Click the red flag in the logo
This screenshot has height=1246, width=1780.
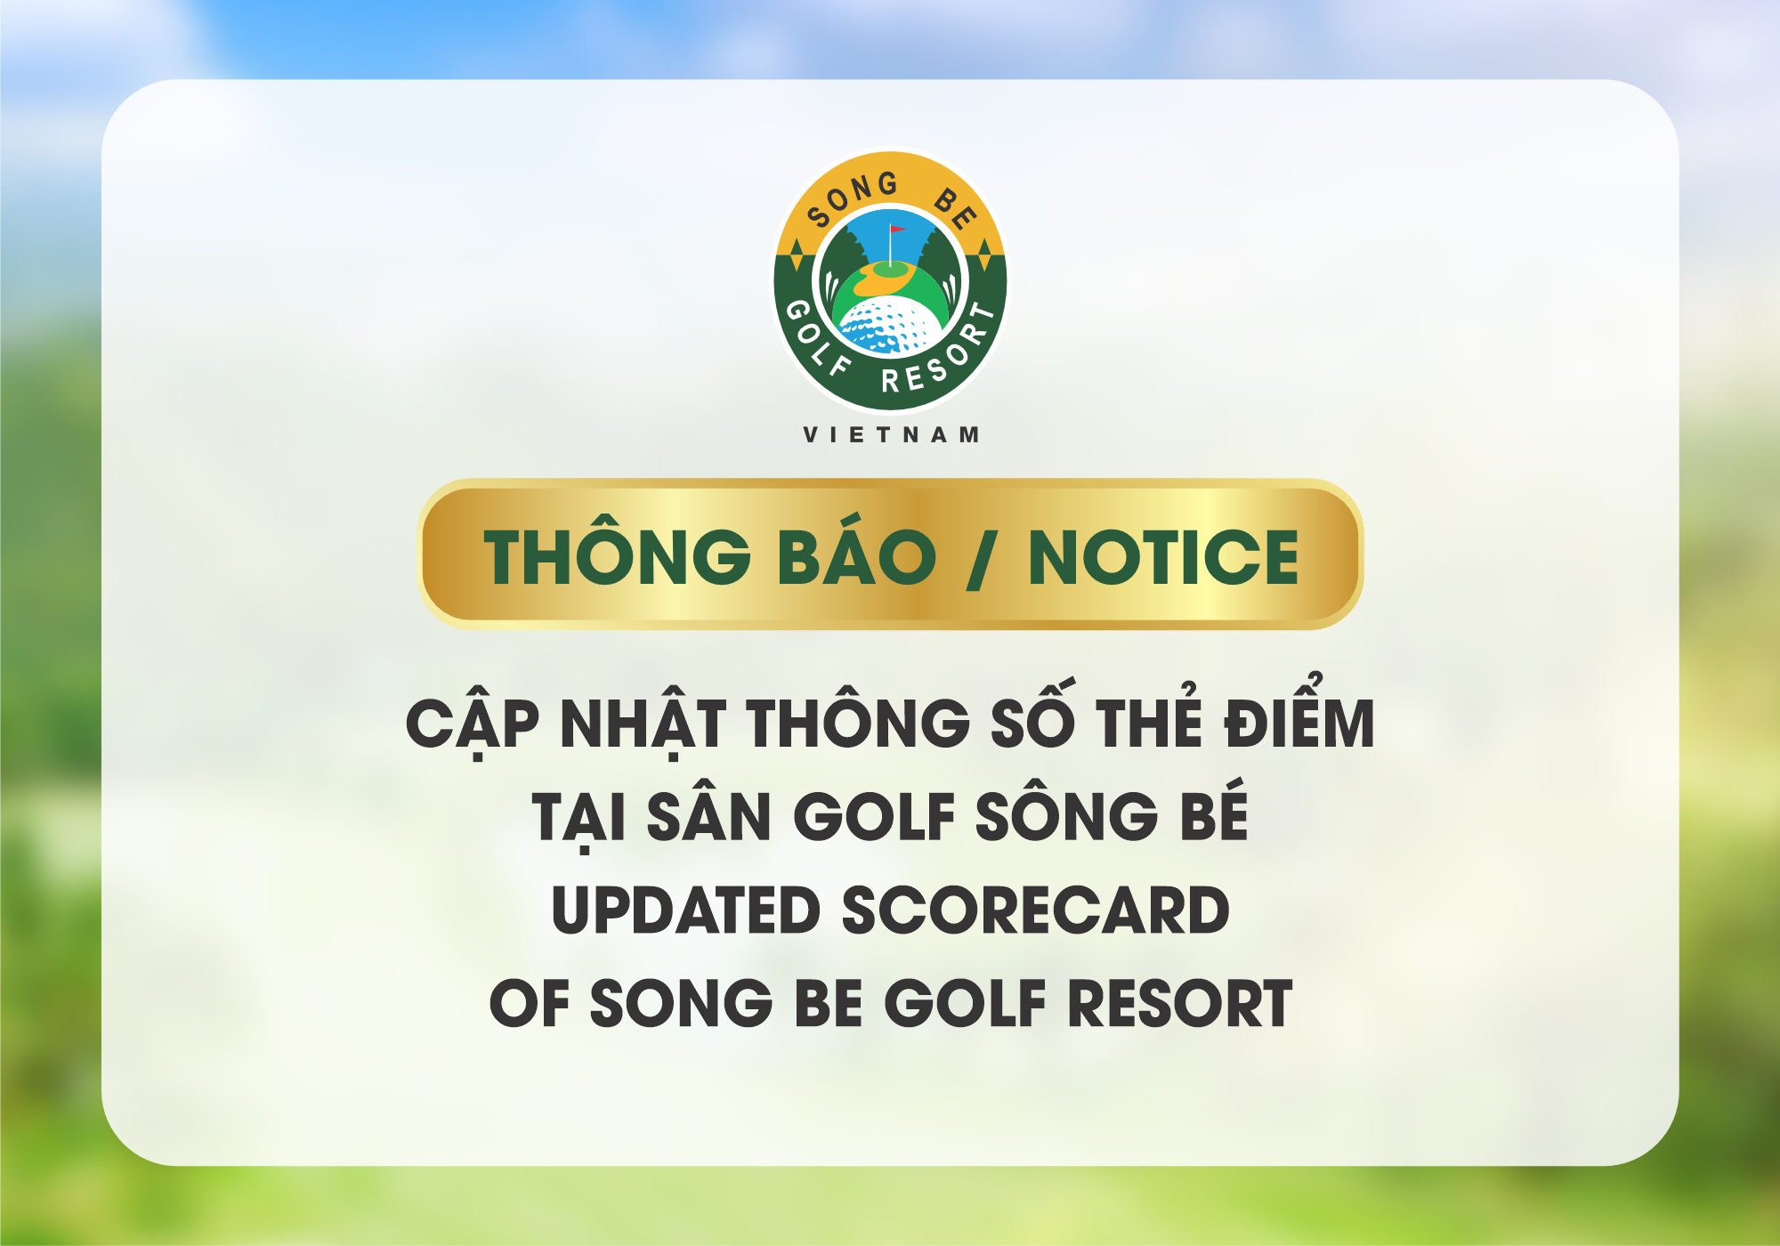coord(896,230)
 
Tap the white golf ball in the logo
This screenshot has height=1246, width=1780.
coord(890,326)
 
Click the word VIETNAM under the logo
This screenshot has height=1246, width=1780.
coord(891,434)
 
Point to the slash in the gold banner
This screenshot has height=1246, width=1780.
coord(981,558)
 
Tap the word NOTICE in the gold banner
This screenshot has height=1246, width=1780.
coord(1163,557)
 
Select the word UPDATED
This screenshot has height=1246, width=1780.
coord(685,910)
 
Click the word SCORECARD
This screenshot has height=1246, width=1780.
coord(1035,910)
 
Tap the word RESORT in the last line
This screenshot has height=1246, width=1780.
coord(1179,1004)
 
